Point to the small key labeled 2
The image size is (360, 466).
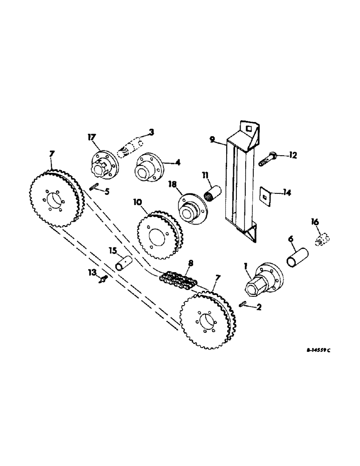pos(247,304)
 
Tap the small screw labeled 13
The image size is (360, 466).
pos(104,279)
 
